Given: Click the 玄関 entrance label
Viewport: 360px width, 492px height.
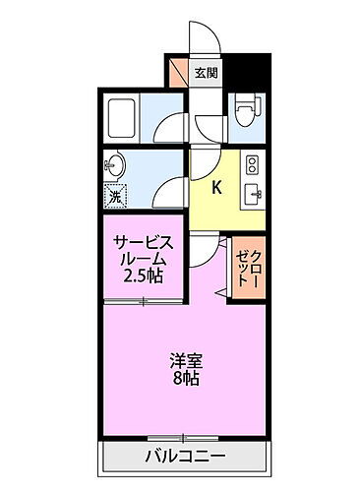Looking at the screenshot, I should [x=207, y=72].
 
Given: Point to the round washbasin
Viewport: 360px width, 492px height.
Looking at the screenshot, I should [x=114, y=164].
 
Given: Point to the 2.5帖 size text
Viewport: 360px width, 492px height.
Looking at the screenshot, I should [x=143, y=278].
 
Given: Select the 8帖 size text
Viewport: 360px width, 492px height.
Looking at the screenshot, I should [x=183, y=379].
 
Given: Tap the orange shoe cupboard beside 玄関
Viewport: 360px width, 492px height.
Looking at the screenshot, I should [x=177, y=72].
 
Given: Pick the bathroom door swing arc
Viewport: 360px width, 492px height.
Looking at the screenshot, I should [x=172, y=126].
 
